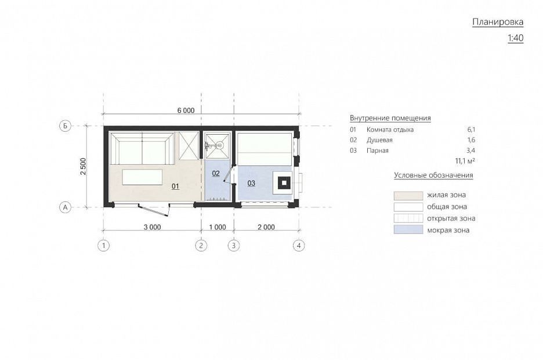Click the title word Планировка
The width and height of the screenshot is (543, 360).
(498, 22)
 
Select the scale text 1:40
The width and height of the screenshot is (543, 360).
(515, 38)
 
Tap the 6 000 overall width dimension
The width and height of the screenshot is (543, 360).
(186, 110)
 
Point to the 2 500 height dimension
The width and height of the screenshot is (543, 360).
(83, 166)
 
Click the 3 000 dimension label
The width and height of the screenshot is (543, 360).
(153, 227)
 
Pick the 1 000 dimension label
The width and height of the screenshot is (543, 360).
(218, 227)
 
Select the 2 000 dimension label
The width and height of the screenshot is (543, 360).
(266, 227)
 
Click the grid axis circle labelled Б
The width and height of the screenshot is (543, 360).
(65, 126)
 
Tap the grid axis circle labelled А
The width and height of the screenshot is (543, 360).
(65, 207)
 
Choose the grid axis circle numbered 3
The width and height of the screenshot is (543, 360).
(234, 246)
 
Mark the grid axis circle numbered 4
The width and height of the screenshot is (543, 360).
(299, 246)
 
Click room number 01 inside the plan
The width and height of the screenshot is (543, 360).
(176, 186)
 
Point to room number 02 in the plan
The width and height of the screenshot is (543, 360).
(216, 173)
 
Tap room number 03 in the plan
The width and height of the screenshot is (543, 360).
(251, 183)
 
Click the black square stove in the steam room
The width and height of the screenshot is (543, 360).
(284, 182)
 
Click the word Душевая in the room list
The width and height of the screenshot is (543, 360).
(379, 140)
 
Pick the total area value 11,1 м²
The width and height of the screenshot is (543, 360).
(465, 161)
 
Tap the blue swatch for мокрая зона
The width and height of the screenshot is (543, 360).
(408, 230)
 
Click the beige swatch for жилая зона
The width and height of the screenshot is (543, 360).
(408, 196)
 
